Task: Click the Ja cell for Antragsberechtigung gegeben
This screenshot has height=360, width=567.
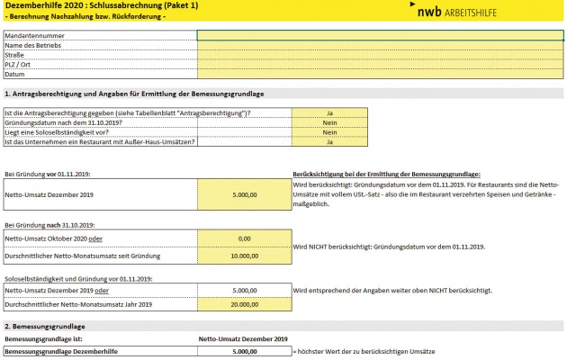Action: [330, 112]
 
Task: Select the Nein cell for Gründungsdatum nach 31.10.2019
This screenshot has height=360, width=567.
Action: [330, 122]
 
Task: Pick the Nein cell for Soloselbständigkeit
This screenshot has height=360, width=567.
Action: [330, 132]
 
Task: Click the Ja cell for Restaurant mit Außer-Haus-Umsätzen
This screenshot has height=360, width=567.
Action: [330, 142]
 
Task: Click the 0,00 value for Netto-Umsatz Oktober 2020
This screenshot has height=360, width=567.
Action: [243, 238]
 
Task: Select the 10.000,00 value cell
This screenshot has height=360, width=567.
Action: [243, 256]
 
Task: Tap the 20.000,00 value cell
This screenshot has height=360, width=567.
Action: [243, 304]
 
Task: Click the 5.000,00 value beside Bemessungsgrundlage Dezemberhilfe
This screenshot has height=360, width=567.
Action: [244, 351]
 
